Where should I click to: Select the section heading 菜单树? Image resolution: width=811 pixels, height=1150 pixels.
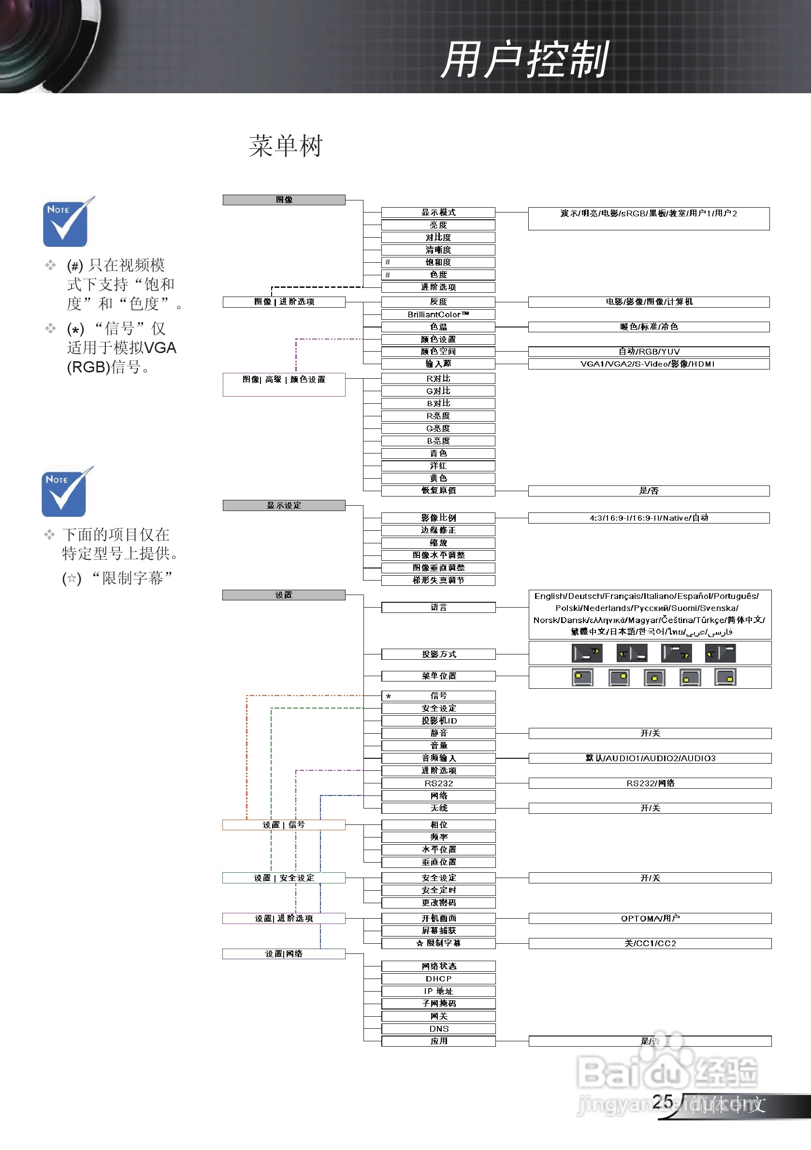click(x=286, y=146)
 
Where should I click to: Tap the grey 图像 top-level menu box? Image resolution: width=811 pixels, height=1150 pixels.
click(x=284, y=200)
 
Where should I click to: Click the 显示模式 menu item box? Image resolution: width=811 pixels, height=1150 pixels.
click(x=438, y=213)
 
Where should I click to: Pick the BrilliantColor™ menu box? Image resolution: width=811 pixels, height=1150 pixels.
click(x=438, y=314)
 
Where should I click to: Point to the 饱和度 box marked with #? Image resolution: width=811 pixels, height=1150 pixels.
click(x=438, y=262)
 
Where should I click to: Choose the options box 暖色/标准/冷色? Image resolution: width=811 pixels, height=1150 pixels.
click(x=649, y=327)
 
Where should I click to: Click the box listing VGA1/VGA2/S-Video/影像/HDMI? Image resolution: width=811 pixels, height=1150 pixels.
click(x=649, y=364)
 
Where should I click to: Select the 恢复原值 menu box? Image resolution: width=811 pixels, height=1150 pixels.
click(x=438, y=491)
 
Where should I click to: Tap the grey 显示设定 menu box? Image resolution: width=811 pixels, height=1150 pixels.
click(x=284, y=505)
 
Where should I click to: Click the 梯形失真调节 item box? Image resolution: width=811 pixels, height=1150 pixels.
click(x=438, y=581)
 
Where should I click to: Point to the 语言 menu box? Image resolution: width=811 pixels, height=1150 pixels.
click(x=438, y=608)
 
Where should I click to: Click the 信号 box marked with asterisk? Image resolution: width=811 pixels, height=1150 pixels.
click(x=438, y=696)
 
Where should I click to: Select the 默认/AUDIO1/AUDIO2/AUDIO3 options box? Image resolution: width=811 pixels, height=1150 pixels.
click(x=650, y=758)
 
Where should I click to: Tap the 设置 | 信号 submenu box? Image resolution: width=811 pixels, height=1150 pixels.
click(x=284, y=825)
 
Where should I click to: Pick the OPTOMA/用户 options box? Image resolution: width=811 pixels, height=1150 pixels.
click(x=650, y=918)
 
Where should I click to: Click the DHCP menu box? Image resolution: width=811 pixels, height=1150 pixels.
click(x=438, y=979)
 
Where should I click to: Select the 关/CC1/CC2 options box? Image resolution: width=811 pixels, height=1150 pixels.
click(x=650, y=944)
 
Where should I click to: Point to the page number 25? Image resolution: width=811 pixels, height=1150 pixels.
click(x=662, y=1102)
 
